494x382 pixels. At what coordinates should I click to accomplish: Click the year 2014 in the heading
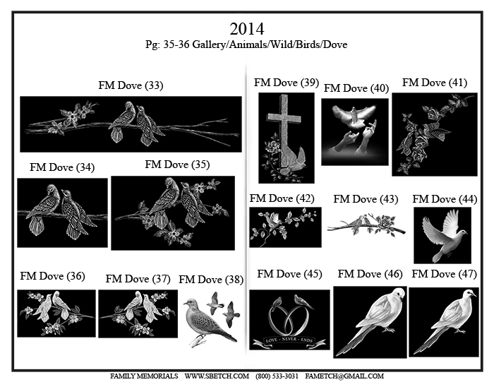[247, 29]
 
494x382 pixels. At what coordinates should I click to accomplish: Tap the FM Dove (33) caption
[131, 85]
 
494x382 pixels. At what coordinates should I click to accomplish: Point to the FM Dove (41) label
[435, 83]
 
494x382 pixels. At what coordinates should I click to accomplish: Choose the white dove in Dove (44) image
[444, 236]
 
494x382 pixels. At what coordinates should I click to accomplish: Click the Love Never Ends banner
[289, 341]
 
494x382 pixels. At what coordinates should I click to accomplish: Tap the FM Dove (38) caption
[211, 280]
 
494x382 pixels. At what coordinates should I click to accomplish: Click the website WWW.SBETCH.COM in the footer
[217, 376]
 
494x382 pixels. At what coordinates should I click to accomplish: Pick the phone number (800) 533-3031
[277, 376]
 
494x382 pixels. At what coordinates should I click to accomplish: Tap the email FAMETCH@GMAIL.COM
[344, 376]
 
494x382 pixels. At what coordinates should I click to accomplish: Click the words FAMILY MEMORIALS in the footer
[144, 376]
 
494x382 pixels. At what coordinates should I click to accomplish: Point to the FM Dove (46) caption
[370, 274]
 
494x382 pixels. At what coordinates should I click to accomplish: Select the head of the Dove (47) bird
[469, 294]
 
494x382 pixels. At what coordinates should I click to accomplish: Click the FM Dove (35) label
[177, 165]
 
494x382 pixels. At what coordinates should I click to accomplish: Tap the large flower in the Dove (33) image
[72, 117]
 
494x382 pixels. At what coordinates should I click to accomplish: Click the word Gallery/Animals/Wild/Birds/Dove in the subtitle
[270, 44]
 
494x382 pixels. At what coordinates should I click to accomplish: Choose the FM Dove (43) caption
[366, 199]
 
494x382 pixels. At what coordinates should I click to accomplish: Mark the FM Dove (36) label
[53, 276]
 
